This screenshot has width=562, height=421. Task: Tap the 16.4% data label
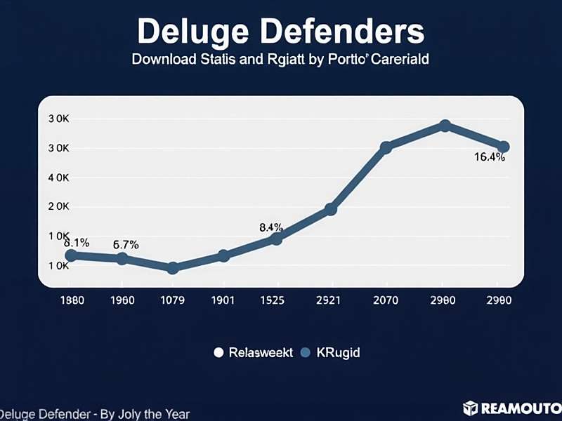pyautogui.click(x=489, y=157)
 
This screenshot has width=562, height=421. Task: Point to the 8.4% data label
pyautogui.click(x=271, y=227)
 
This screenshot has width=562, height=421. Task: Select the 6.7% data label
pyautogui.click(x=126, y=245)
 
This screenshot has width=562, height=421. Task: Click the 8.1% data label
pyautogui.click(x=77, y=243)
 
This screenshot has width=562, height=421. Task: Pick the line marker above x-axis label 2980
pyautogui.click(x=445, y=126)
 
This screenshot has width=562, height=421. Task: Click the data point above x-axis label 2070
pyautogui.click(x=386, y=147)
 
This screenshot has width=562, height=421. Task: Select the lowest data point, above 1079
pyautogui.click(x=173, y=268)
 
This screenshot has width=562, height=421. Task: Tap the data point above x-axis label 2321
pyautogui.click(x=330, y=209)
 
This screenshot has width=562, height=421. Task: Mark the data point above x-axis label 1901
pyautogui.click(x=223, y=256)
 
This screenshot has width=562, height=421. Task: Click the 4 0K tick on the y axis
pyautogui.click(x=58, y=178)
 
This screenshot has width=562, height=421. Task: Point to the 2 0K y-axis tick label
pyautogui.click(x=58, y=207)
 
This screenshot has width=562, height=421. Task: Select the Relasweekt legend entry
pyautogui.click(x=254, y=353)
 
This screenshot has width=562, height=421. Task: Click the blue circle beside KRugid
pyautogui.click(x=306, y=353)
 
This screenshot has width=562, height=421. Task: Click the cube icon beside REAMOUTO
pyautogui.click(x=470, y=408)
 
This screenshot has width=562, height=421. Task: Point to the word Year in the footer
pyautogui.click(x=175, y=415)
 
